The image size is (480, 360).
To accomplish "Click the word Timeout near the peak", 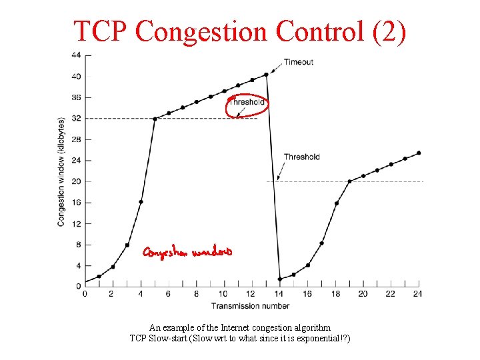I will click(x=298, y=62).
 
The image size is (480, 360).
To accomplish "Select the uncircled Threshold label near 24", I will click(x=301, y=157).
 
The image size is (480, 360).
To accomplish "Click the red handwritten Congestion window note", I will click(x=187, y=252).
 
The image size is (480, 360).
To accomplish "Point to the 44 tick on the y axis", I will click(x=77, y=55).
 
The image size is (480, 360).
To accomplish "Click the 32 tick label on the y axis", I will click(x=77, y=118).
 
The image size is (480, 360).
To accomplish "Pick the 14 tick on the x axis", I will click(x=279, y=294).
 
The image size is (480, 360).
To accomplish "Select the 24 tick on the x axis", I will click(x=418, y=294).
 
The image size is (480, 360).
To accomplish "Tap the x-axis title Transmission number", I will click(x=250, y=306).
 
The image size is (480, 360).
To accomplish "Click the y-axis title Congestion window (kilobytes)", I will click(x=61, y=172).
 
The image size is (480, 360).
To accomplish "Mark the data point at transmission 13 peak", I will click(x=267, y=74).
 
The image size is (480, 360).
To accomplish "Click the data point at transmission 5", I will click(x=155, y=119).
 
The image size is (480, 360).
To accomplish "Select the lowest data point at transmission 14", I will click(x=280, y=279).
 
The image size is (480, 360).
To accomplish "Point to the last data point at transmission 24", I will click(x=419, y=153).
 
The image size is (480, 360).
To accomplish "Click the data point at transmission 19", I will click(x=349, y=181).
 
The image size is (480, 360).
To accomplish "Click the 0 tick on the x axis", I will click(x=85, y=294).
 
